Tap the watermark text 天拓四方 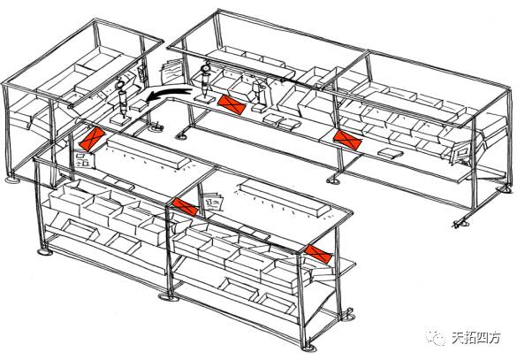[476, 338]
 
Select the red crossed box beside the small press [232, 104]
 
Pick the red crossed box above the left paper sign [92, 139]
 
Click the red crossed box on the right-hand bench [347, 140]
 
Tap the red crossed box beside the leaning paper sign [185, 206]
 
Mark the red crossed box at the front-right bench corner [318, 254]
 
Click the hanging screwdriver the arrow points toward [122, 99]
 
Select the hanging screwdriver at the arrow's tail [205, 80]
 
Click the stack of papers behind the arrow [171, 72]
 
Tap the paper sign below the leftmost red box [84, 159]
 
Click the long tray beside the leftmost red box [149, 154]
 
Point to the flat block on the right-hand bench [390, 153]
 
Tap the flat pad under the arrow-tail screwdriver [201, 99]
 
